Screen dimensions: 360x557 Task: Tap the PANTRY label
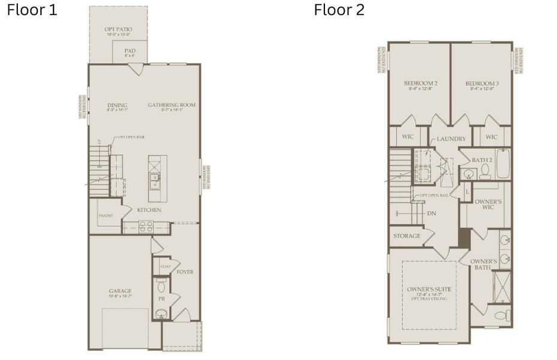point(106,215)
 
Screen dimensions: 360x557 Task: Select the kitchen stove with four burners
point(146,226)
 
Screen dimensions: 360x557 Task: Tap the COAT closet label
point(165,266)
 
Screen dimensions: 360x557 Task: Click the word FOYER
point(185,272)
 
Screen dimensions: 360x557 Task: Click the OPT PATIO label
point(118,29)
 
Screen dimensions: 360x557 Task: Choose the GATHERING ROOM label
point(171,105)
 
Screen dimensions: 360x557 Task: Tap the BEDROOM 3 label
point(481,83)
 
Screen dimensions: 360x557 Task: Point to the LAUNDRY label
point(451,139)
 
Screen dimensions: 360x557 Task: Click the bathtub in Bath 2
point(502,164)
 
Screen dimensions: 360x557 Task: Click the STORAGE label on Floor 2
point(407,236)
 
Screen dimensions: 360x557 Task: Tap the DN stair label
point(430,213)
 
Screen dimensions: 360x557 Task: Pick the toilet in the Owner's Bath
point(502,314)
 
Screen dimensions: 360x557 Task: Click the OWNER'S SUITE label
point(429,289)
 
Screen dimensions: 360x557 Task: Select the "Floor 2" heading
point(339,10)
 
